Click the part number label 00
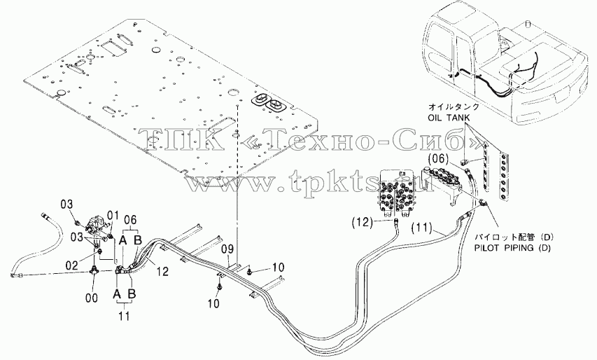(92, 298)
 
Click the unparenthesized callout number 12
(162, 271)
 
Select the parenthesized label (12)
(362, 222)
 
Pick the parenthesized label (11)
(422, 228)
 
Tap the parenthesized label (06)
(439, 158)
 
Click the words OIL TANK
(449, 118)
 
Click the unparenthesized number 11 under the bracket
(124, 316)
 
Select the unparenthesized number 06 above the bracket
(130, 220)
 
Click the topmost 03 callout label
(66, 204)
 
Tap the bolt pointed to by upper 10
(249, 271)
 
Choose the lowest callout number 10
(214, 303)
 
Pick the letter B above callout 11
(132, 293)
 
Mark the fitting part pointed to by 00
(92, 270)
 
